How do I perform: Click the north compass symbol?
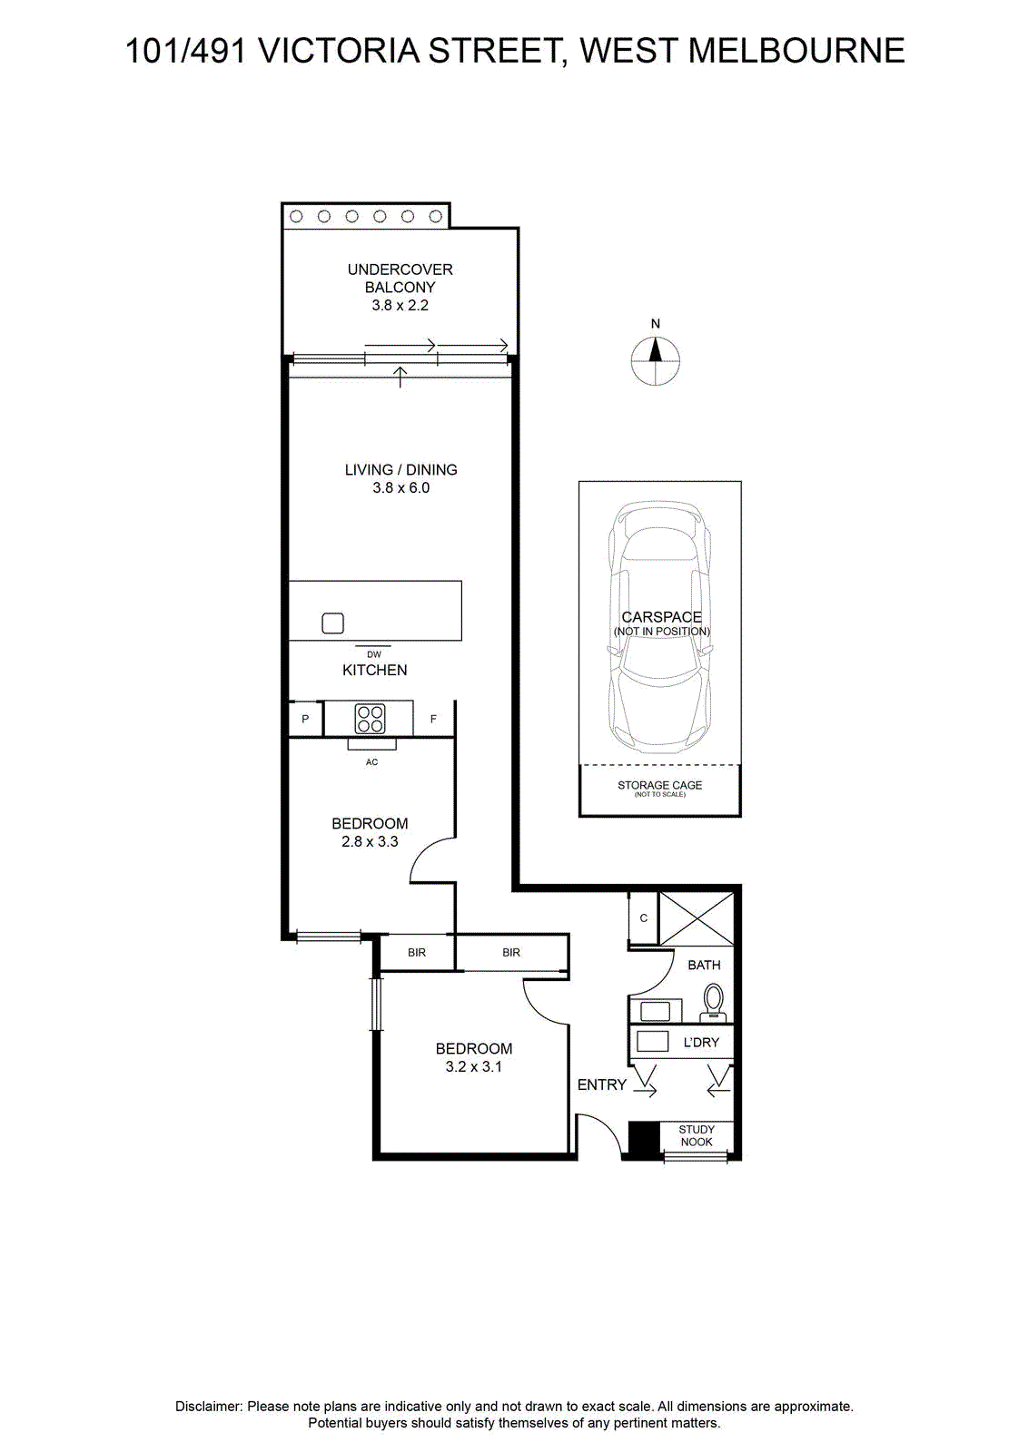point(655,359)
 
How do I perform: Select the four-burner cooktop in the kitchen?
point(371,719)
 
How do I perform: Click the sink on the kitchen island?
point(332,623)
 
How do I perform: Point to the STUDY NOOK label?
point(697,1135)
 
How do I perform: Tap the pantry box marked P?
point(305,718)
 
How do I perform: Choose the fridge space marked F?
point(433,718)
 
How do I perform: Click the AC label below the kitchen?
point(371,762)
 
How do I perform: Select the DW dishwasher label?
point(374,654)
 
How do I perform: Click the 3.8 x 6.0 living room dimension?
point(400,487)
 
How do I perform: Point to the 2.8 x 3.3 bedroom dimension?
point(370,841)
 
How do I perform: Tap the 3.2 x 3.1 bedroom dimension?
point(473,1066)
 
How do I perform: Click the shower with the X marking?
point(697,917)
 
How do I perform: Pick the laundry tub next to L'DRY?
point(652,1041)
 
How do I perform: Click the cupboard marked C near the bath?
point(643,917)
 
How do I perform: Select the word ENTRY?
point(602,1084)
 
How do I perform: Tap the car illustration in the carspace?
point(660,627)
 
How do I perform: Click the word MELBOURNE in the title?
point(796,51)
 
